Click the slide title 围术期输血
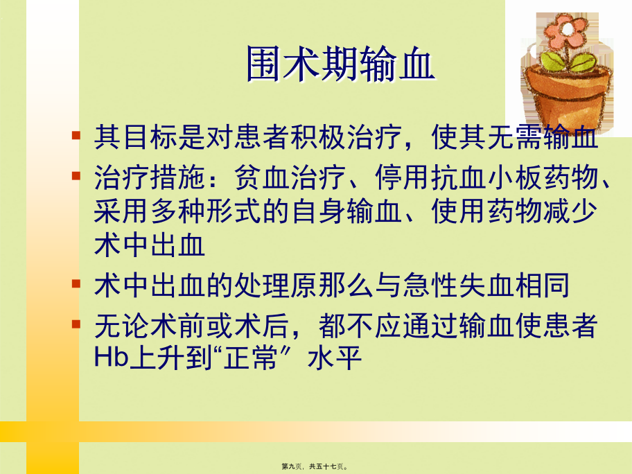pos(340,64)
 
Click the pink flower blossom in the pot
pos(565,30)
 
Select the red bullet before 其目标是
pos(76,135)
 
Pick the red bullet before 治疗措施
pos(76,176)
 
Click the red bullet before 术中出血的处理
pos(76,283)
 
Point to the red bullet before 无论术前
pos(76,324)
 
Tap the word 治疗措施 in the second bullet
pos(150,177)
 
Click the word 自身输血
pos(346,211)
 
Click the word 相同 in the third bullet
pos(542,286)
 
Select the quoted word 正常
pos(250,358)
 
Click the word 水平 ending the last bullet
pos(334,358)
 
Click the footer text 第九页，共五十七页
pos(315,466)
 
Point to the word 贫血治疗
pos(290,177)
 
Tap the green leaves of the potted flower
pos(568,61)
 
